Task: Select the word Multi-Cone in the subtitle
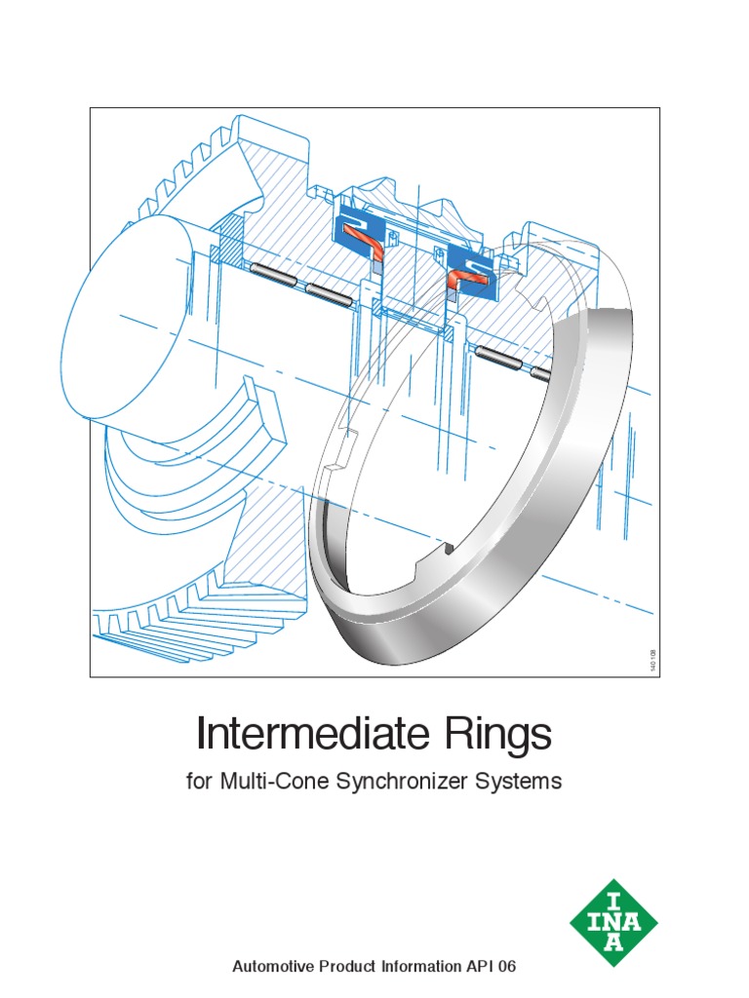tap(268, 782)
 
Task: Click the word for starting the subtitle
tap(199, 782)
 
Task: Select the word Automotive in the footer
tap(275, 967)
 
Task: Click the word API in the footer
tap(480, 967)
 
